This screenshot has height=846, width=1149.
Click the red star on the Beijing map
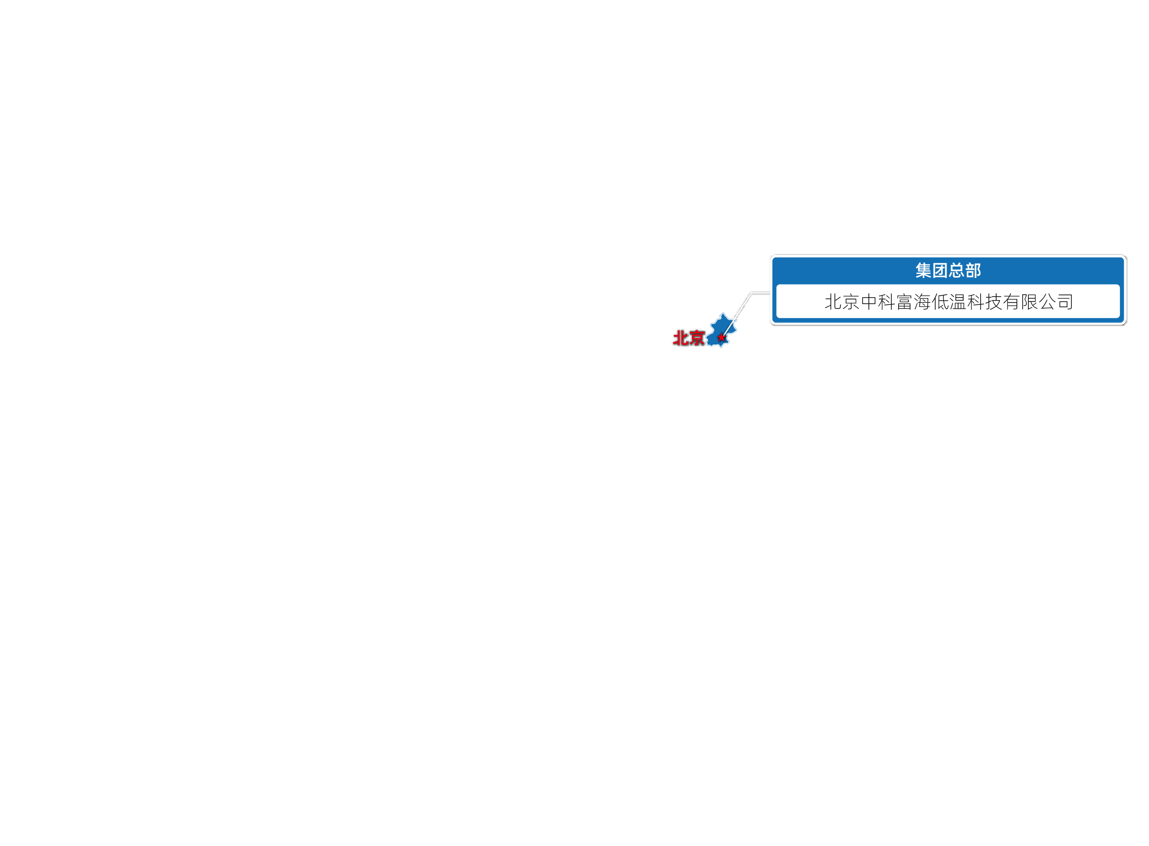tap(721, 338)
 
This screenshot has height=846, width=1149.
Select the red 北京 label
tap(689, 338)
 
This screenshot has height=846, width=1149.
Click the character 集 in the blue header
tap(923, 271)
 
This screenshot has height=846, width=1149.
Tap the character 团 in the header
tap(940, 271)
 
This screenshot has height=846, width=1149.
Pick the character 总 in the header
tap(956, 271)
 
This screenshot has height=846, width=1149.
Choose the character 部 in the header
tap(973, 271)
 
